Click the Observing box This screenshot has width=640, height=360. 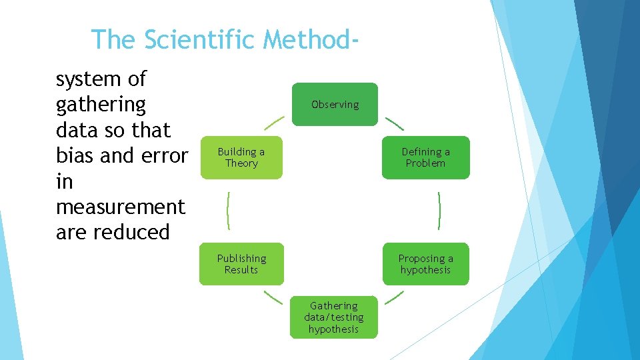(x=335, y=104)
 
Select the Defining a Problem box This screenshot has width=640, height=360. (x=425, y=157)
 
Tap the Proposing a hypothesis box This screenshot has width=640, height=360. (x=425, y=264)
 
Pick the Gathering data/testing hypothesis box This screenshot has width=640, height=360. (x=333, y=317)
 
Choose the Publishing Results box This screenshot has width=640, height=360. (x=241, y=264)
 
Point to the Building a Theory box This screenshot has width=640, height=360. (x=241, y=157)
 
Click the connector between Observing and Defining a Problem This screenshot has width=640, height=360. (x=395, y=124)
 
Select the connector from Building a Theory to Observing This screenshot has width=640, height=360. (x=274, y=124)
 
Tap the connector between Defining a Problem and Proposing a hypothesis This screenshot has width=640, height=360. (x=439, y=211)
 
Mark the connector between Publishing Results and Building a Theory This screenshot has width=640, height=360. (x=228, y=211)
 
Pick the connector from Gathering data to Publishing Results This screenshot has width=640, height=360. (x=273, y=297)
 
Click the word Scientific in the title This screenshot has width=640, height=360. (x=200, y=40)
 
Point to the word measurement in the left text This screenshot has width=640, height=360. (x=121, y=207)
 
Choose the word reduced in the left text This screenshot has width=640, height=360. (x=132, y=232)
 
